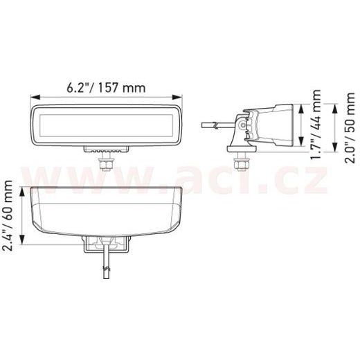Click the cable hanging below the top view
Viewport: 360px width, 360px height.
click(x=105, y=267)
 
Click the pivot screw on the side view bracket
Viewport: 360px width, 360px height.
click(x=243, y=125)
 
